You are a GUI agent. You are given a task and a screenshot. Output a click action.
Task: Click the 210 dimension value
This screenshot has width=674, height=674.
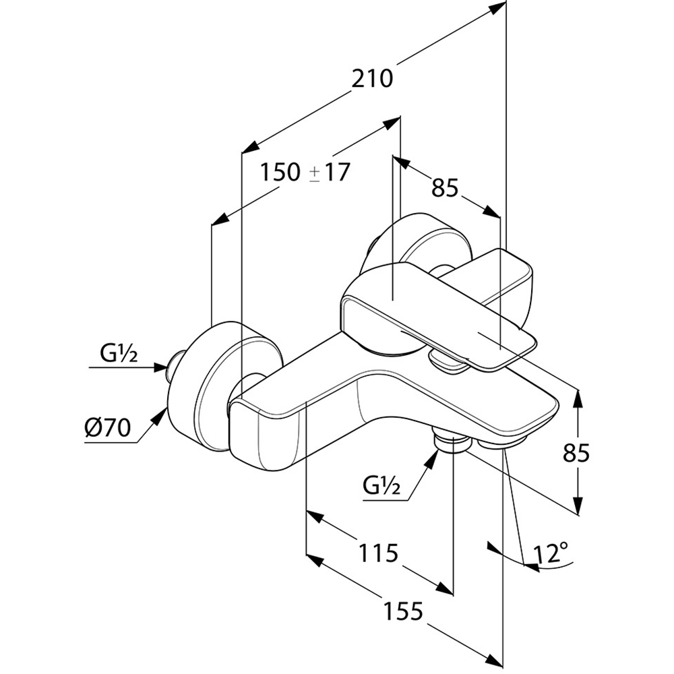372,79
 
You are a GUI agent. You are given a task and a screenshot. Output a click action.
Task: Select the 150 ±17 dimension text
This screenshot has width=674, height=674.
305,173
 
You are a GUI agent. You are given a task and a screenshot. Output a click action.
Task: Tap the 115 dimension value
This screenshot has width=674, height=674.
378,553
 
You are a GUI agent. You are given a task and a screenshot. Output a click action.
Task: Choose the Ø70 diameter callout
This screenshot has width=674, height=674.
107,428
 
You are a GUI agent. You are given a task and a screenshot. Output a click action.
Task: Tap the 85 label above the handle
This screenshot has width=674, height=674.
446,188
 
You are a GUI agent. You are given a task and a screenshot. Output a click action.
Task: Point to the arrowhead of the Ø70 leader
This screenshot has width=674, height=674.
161,415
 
